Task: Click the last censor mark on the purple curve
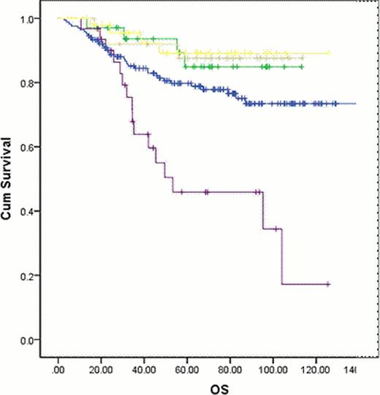point(328,283)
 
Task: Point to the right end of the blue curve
point(355,104)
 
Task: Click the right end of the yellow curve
point(330,53)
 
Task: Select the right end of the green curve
point(303,66)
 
